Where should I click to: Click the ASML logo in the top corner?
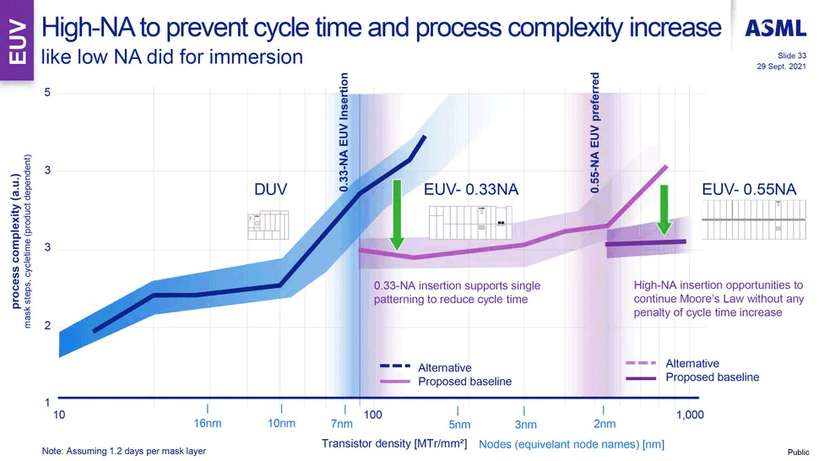click(x=775, y=29)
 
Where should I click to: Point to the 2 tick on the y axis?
click(x=48, y=326)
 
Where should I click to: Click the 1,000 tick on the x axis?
click(x=690, y=415)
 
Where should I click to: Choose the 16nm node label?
click(x=208, y=423)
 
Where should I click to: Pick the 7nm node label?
click(x=341, y=424)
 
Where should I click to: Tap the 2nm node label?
click(x=605, y=424)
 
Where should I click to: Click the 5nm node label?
click(x=459, y=424)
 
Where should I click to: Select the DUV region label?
click(x=272, y=191)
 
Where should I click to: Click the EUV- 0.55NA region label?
click(x=749, y=191)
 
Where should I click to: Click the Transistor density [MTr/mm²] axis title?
click(x=394, y=443)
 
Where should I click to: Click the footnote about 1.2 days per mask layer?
click(x=123, y=451)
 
